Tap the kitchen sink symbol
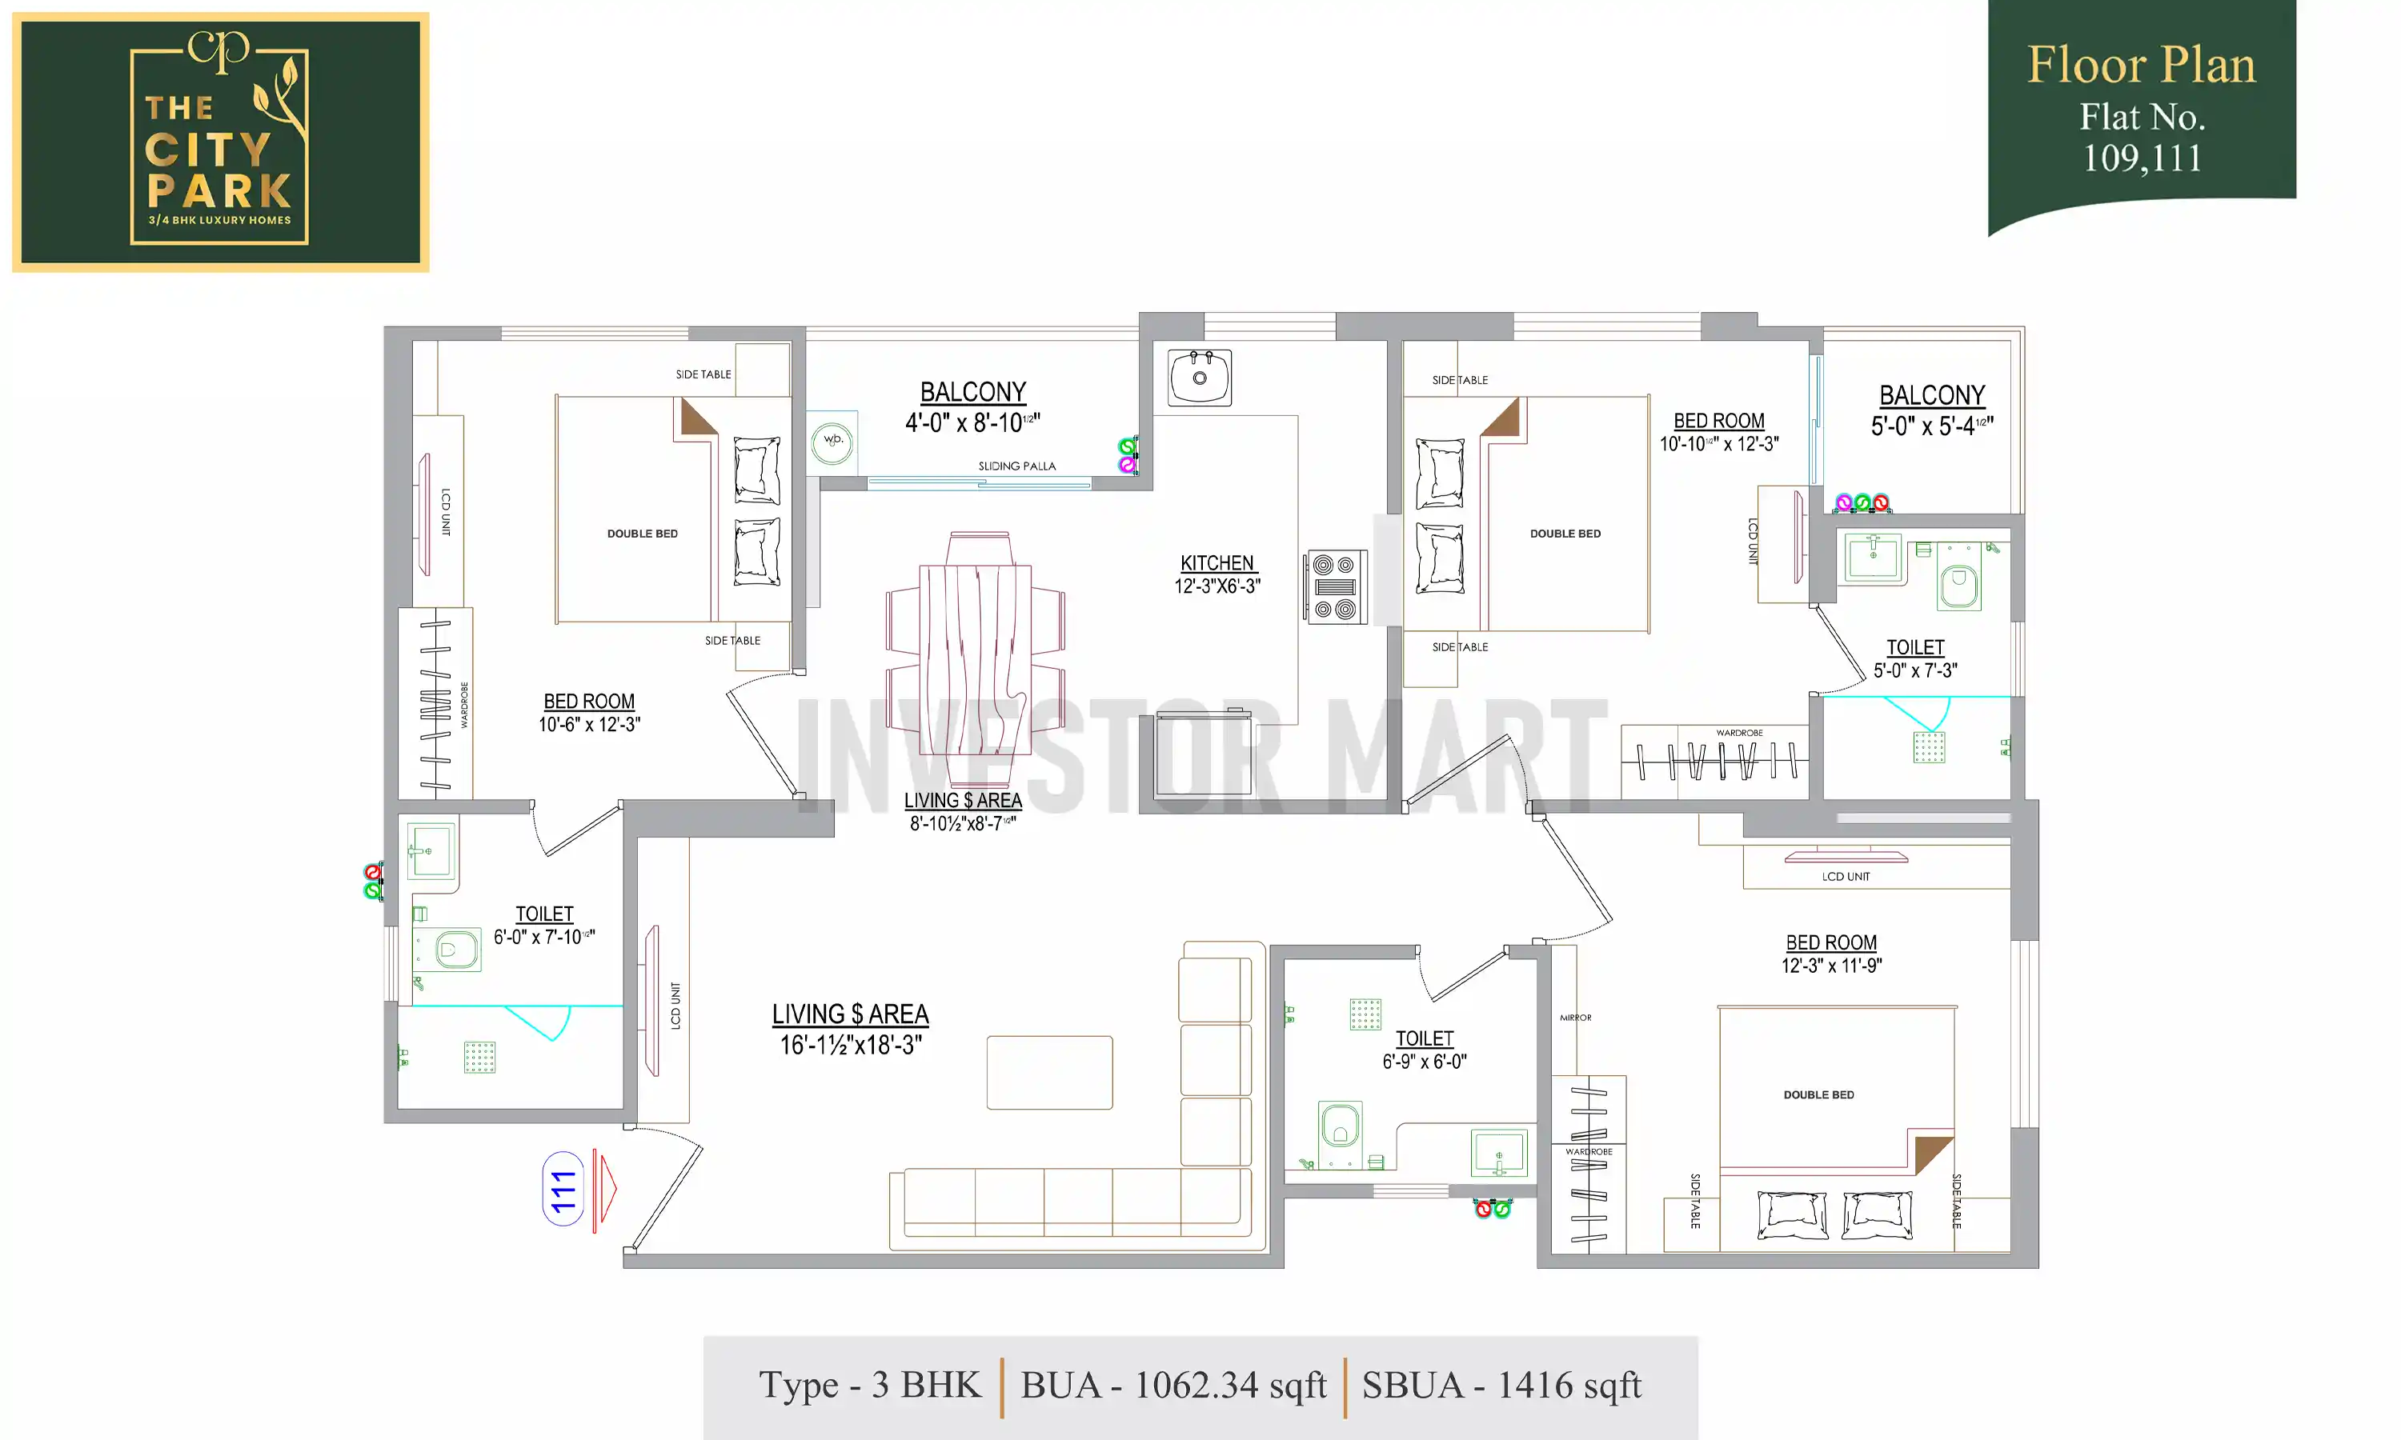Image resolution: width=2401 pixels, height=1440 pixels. point(1200,378)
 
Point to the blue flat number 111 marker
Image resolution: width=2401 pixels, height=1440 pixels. point(563,1190)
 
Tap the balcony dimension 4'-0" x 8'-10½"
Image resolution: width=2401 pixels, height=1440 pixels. point(972,423)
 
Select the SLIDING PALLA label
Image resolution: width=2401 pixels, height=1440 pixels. point(1016,466)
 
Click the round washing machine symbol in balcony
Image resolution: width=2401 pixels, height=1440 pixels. point(832,442)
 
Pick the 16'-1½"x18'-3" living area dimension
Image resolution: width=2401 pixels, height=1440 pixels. point(850,1045)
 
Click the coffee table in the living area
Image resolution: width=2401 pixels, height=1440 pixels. point(1049,1072)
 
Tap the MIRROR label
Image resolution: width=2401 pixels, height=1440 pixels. point(1575,1018)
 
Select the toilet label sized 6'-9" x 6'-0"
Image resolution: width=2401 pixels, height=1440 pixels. point(1424,1050)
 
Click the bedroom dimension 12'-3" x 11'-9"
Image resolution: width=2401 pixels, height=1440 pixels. point(1830,966)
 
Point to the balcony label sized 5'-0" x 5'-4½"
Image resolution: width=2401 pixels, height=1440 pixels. point(1931,410)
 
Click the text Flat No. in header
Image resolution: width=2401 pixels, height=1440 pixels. point(2141,118)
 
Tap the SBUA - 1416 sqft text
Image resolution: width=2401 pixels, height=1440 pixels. point(1501,1386)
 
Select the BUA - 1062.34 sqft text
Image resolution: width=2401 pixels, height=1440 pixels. point(1172,1386)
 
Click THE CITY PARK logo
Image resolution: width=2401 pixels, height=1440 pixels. point(220,142)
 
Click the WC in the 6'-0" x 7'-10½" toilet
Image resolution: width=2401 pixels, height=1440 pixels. point(452,949)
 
